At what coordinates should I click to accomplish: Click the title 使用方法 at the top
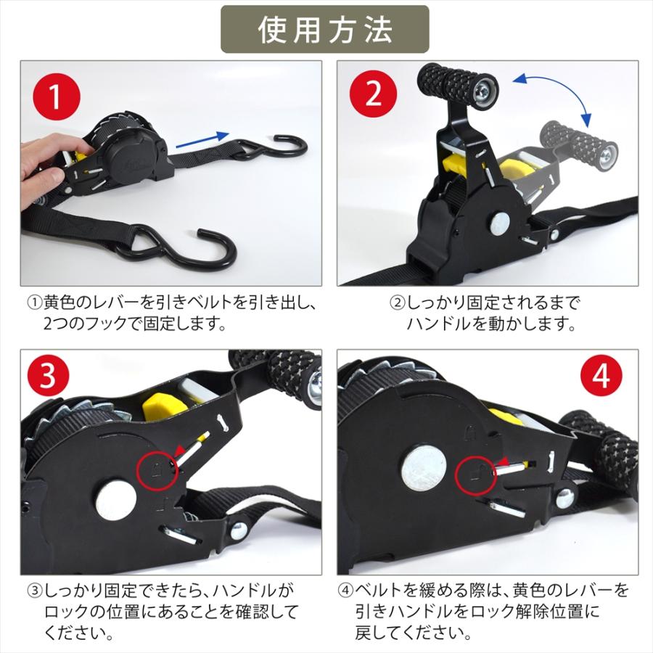click(x=325, y=29)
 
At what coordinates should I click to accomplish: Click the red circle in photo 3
click(x=157, y=471)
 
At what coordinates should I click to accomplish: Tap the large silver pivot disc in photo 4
click(x=424, y=468)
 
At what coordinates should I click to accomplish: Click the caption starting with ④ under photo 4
click(x=484, y=610)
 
